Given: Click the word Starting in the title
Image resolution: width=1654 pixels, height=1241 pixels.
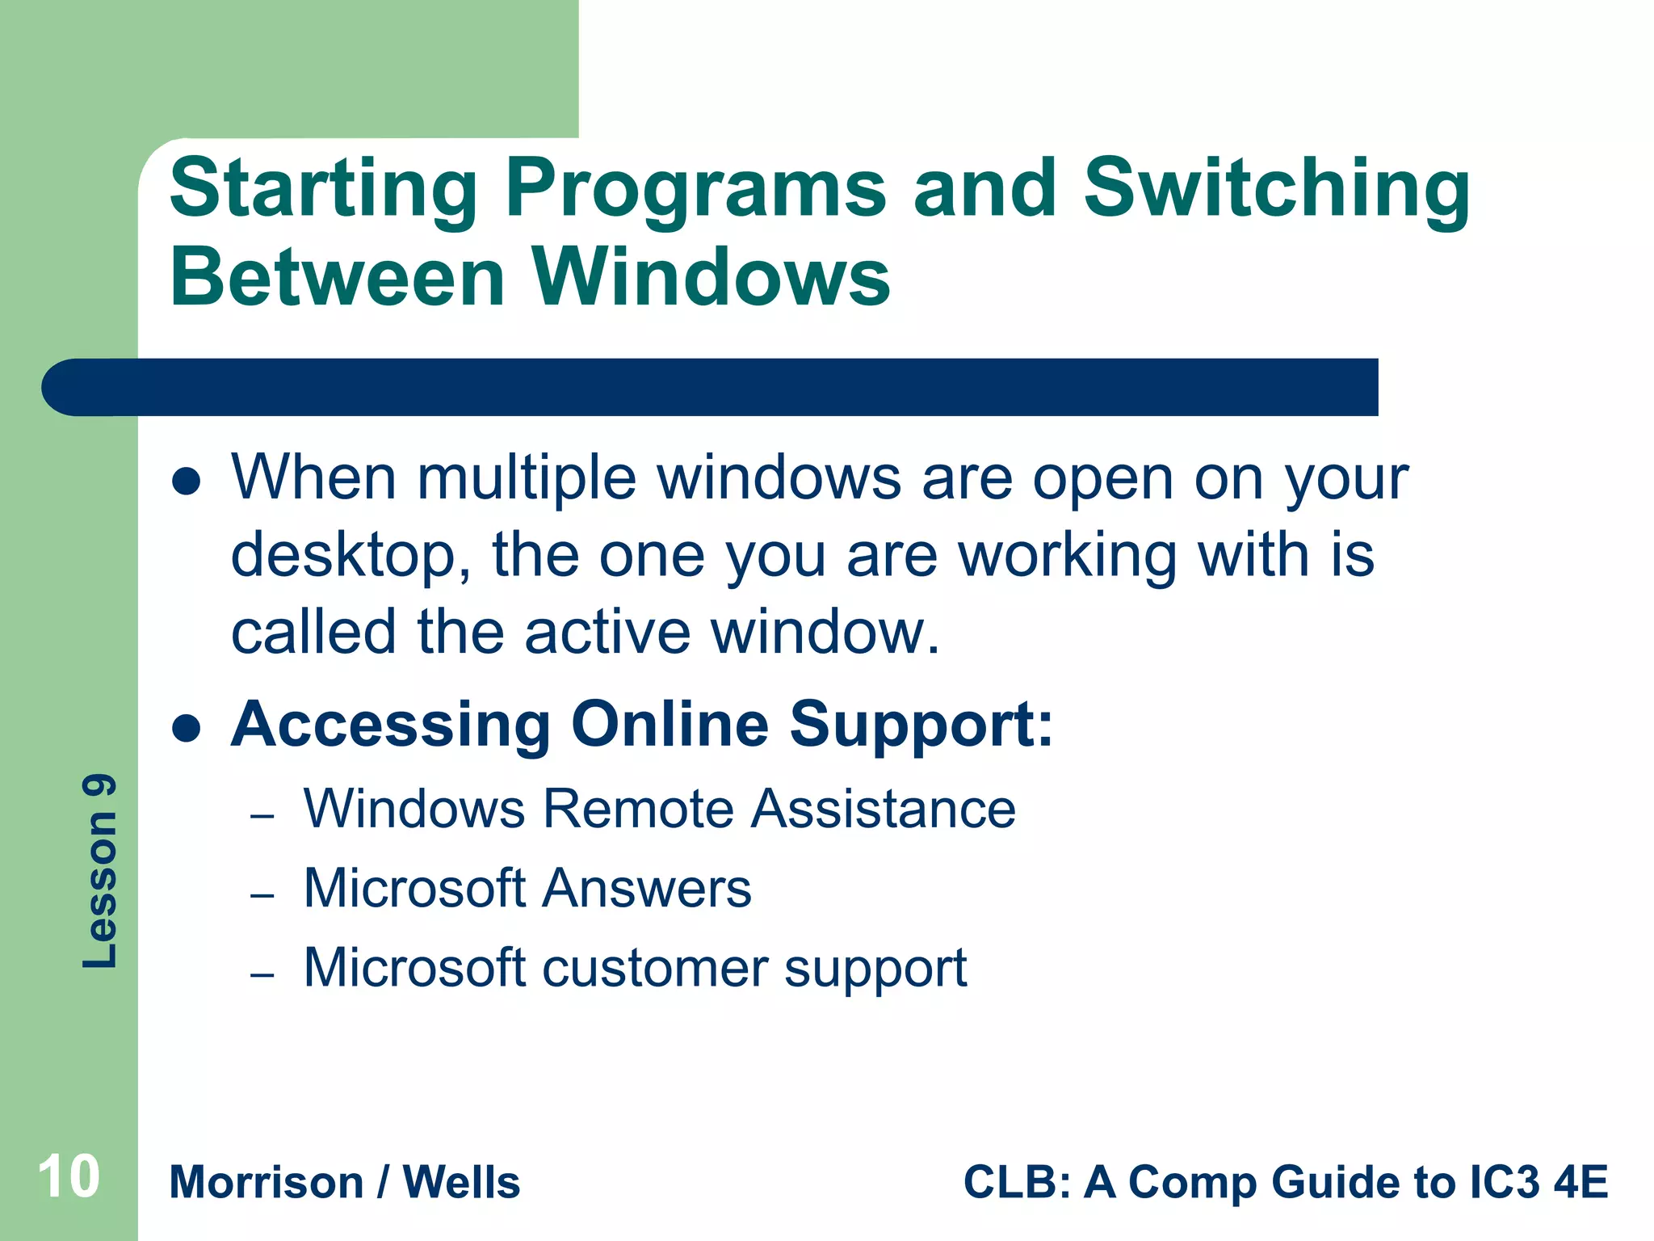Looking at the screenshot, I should pos(323,191).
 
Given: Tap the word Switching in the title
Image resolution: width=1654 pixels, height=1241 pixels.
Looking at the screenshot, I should pos(1276,191).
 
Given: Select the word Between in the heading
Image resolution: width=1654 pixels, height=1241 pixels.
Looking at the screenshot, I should pos(338,278).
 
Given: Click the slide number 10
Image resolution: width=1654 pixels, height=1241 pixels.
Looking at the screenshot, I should pos(69,1177).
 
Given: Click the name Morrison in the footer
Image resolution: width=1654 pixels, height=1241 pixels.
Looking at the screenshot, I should pos(267,1183).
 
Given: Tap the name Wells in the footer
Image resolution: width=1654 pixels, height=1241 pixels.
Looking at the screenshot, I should pos(461,1183).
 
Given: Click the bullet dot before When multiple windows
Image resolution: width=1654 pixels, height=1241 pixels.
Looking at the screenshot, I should pos(187,482).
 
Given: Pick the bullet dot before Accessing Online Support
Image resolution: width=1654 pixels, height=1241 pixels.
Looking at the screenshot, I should pos(187,728).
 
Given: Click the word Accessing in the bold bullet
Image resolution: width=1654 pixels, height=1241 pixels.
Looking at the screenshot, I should pos(391,725).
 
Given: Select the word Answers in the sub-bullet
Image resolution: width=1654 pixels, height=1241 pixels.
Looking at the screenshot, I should pos(646,889).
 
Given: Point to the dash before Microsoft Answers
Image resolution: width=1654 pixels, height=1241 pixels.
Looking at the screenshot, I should pos(262,896).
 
